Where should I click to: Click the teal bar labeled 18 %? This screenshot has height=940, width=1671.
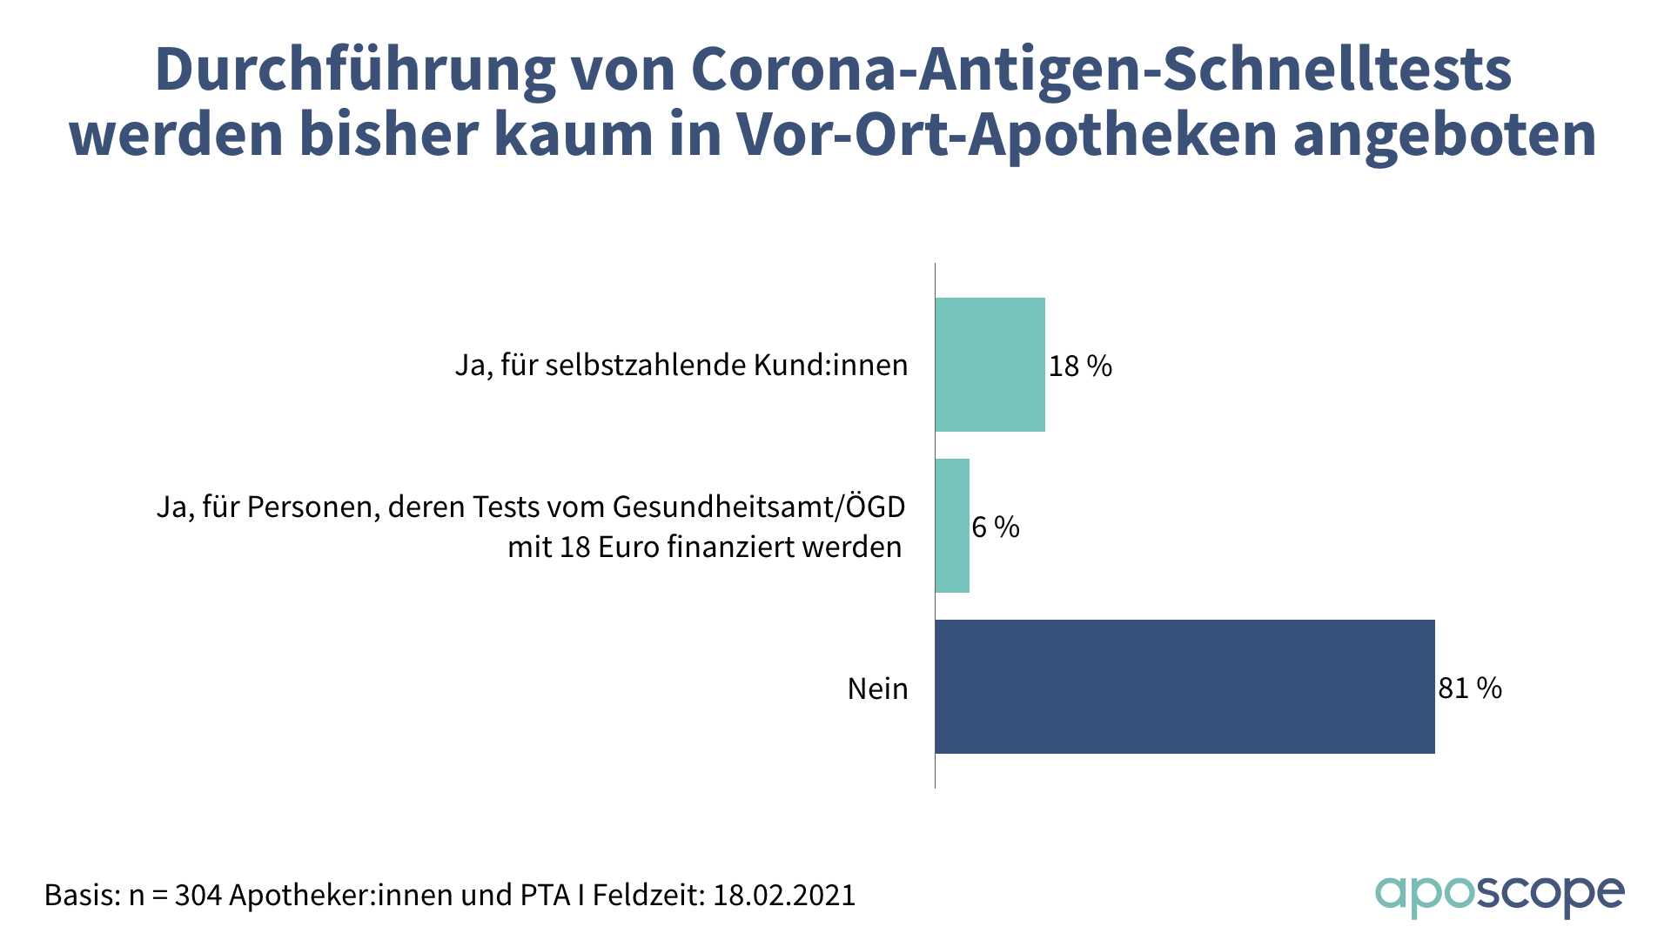pos(990,365)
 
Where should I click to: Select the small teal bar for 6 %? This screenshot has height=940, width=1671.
pos(952,526)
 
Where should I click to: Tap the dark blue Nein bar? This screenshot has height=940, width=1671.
pos(1184,687)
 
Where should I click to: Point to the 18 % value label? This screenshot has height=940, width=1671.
pos(1080,366)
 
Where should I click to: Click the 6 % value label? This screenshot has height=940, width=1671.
pos(996,527)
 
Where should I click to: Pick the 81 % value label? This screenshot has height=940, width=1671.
pos(1470,688)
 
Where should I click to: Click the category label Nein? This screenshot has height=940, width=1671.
pos(877,689)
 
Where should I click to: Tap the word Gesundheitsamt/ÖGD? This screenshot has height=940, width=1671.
pos(759,507)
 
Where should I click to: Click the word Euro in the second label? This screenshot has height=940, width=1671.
pos(628,547)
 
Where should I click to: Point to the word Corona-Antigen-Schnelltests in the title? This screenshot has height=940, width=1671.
pos(1102,70)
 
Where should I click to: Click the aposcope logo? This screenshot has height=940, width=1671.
pos(1499,896)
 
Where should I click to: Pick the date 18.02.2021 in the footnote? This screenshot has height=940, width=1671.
pos(784,896)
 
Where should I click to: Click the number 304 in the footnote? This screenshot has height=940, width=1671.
pos(198,896)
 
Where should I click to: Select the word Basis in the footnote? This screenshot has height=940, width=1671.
pos(82,896)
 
